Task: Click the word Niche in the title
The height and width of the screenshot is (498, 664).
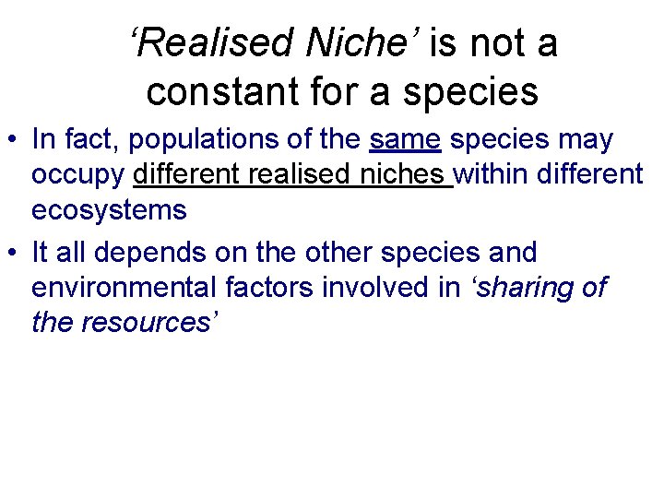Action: [x=356, y=42]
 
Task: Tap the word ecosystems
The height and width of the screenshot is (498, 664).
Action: [x=109, y=210]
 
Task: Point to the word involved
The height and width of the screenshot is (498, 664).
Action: [x=376, y=288]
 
